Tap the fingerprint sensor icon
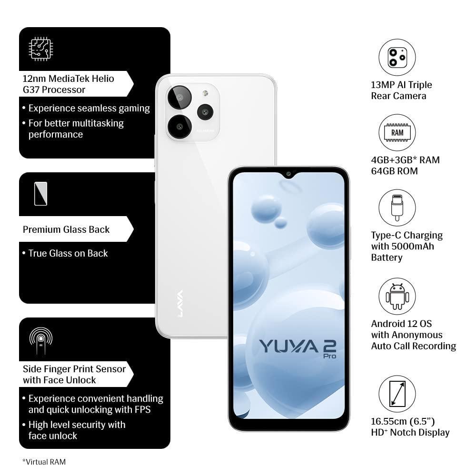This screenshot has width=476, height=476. pos(41,339)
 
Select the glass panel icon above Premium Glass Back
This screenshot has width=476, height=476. pos(41,193)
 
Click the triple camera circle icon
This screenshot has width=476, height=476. pos(397,58)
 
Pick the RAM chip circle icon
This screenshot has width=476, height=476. pos(397,133)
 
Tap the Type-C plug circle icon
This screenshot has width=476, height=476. pos(397,208)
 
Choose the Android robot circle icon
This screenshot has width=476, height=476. pos(397,296)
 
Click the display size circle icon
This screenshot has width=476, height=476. pos(397,394)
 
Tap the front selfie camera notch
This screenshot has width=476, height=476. pos(288,174)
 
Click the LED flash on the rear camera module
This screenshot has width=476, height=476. pos(205,93)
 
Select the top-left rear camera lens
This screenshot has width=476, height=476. pos(179,98)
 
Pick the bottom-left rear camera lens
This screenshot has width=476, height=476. pos(179,126)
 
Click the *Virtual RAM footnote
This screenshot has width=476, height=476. pos(44,461)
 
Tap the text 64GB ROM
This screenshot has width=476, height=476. pos(394,171)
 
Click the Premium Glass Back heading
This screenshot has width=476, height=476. pos(66,229)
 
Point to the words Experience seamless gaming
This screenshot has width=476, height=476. pos(89,109)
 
